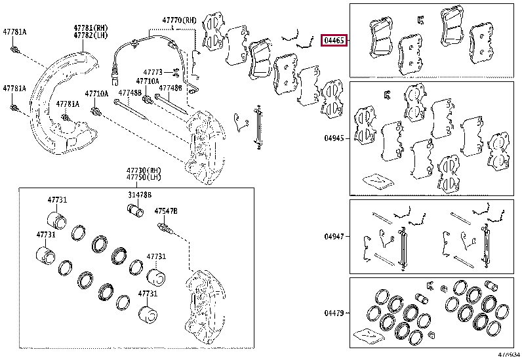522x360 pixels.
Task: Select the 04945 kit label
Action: coord(334,138)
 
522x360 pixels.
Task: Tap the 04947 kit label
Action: coord(334,237)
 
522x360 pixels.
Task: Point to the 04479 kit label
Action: coord(334,313)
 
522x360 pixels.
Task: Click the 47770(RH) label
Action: coord(179,21)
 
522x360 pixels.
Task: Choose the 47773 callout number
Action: coord(153,71)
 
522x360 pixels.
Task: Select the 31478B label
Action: coord(140,195)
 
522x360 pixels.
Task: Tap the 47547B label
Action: coord(166,211)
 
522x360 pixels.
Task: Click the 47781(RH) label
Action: coord(90,28)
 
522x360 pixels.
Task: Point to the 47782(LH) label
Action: coord(90,35)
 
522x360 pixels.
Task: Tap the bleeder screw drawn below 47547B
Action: coord(165,229)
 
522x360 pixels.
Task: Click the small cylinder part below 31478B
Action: coord(134,212)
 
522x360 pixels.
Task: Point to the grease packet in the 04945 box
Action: coord(378,179)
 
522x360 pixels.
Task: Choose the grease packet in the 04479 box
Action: coord(368,337)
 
